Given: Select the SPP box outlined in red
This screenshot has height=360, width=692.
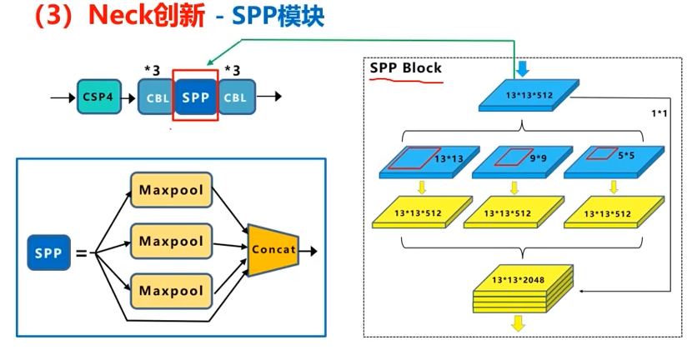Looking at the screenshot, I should [x=196, y=97].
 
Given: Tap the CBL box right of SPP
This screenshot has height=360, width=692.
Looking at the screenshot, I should [x=236, y=97].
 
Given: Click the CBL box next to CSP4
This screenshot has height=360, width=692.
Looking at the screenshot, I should [x=156, y=97].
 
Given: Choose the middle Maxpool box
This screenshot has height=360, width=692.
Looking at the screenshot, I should [x=171, y=241].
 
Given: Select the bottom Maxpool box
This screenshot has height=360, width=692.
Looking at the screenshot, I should [x=171, y=290].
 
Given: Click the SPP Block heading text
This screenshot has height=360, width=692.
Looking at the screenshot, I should [x=406, y=67].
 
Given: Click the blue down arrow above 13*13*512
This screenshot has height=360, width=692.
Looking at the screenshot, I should [x=523, y=67].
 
